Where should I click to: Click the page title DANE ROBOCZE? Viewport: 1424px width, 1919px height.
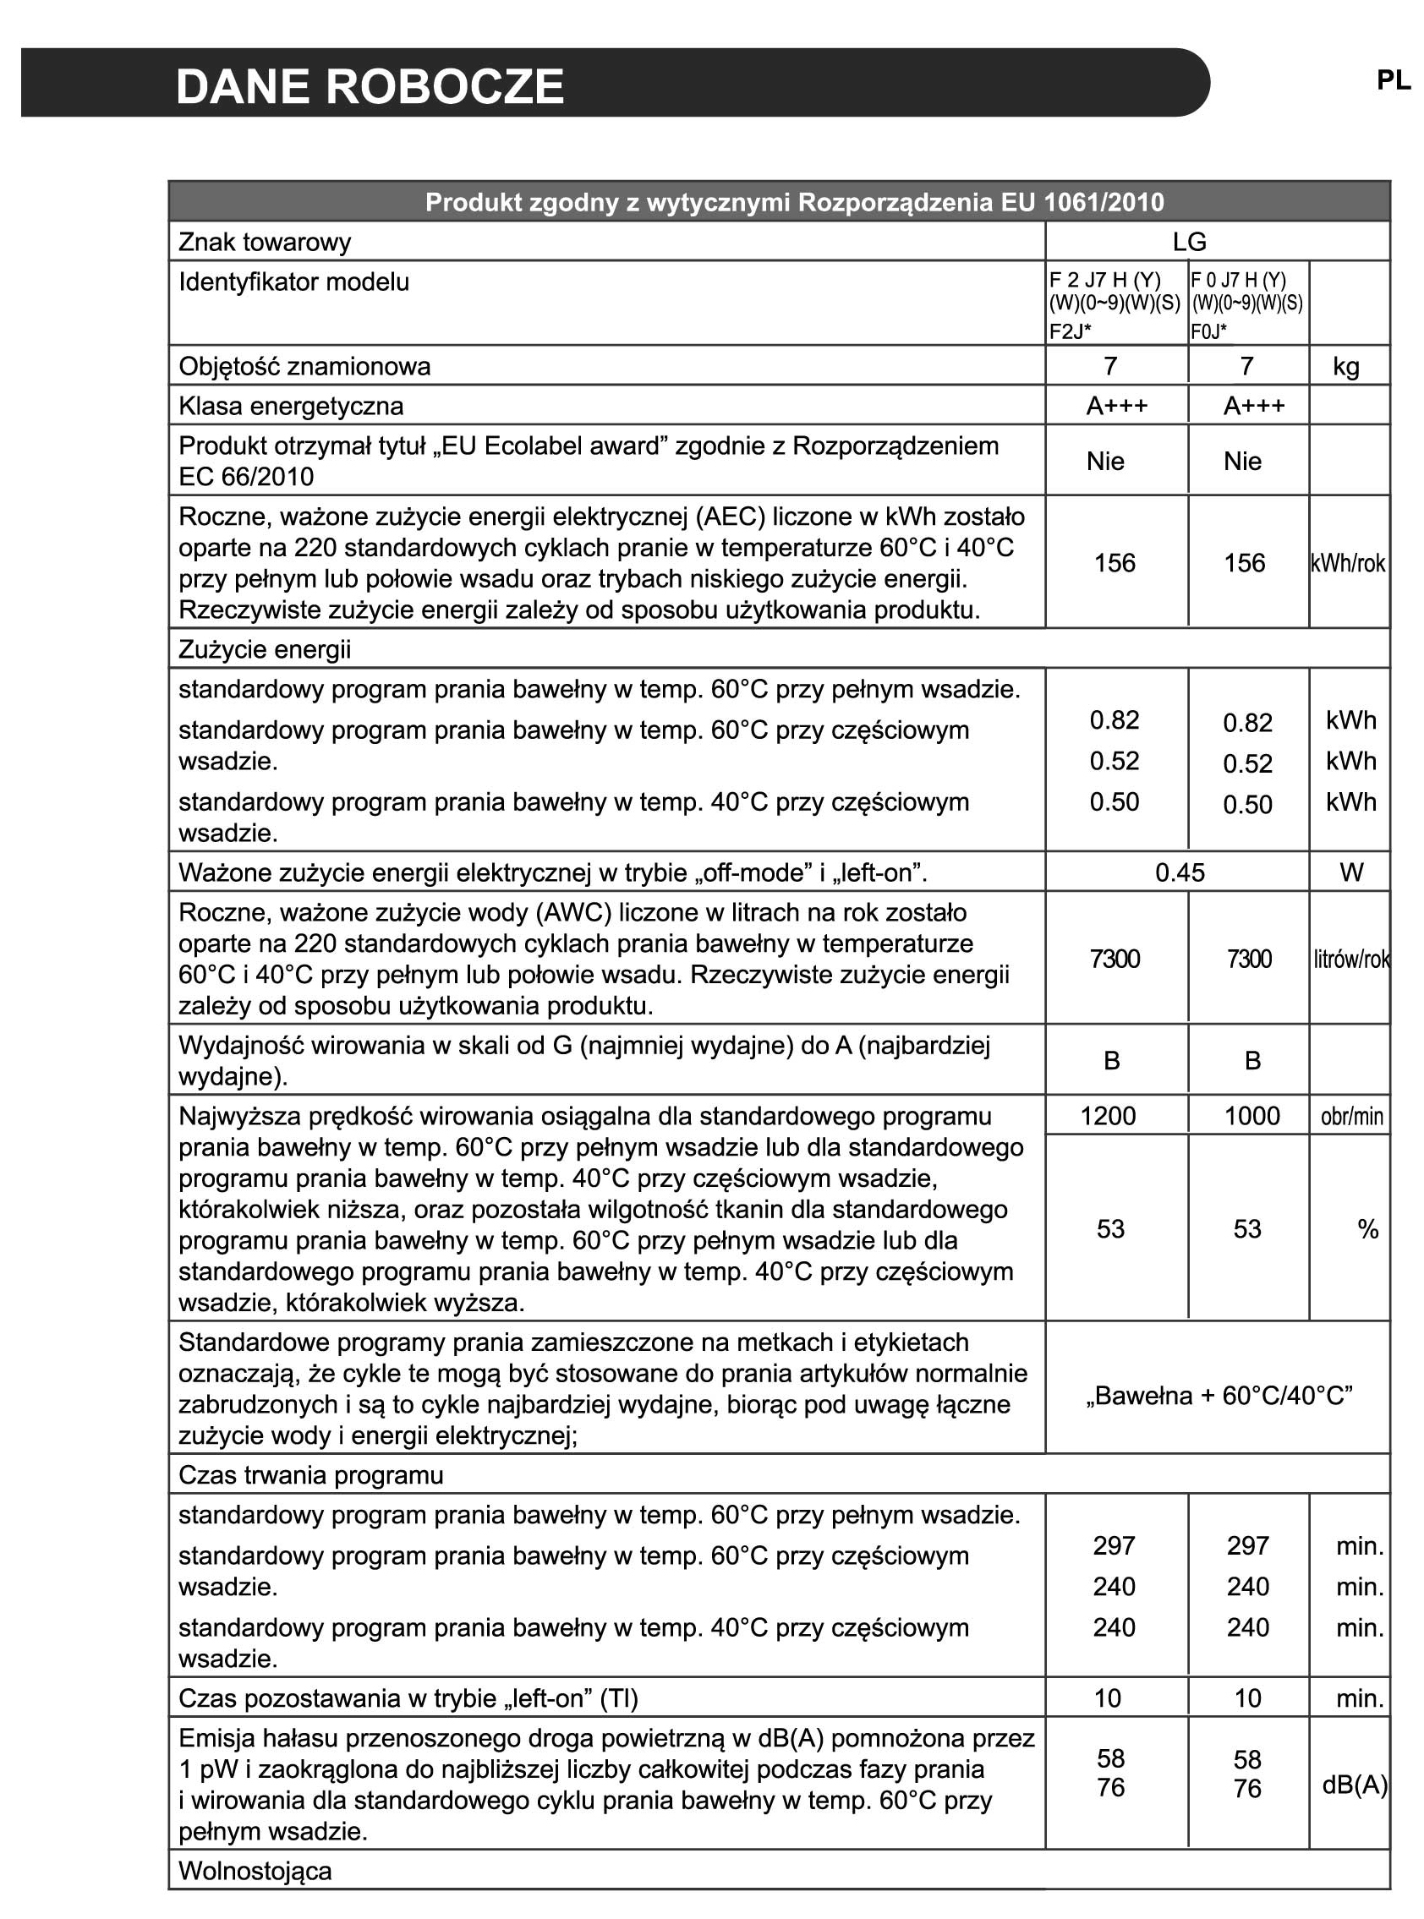click(x=370, y=87)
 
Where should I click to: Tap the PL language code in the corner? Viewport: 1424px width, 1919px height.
click(x=1393, y=80)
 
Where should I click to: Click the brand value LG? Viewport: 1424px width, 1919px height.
click(x=1189, y=242)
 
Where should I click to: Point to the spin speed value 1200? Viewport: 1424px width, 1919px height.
click(x=1109, y=1117)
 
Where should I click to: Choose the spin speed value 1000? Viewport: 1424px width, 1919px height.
click(x=1251, y=1117)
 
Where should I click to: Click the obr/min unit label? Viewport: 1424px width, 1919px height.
click(x=1350, y=1118)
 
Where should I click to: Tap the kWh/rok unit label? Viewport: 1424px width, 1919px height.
click(x=1347, y=564)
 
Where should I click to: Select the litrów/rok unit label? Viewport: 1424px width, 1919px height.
click(x=1350, y=959)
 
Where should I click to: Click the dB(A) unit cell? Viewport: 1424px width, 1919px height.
click(x=1354, y=1786)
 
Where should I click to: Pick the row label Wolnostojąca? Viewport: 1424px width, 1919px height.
click(x=255, y=1872)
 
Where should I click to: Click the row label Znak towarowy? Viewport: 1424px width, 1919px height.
click(x=265, y=242)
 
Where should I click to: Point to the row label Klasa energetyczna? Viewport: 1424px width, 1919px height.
click(x=291, y=406)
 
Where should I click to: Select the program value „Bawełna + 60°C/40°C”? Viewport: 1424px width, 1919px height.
click(x=1219, y=1396)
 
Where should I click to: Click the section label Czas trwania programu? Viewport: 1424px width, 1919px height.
click(x=310, y=1475)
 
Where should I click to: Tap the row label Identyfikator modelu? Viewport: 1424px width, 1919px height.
click(x=294, y=282)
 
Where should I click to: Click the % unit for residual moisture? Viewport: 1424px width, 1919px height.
click(x=1367, y=1230)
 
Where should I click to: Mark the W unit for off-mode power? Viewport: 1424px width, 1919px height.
click(x=1350, y=873)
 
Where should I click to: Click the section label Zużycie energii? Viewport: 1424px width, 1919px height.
click(x=265, y=650)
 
